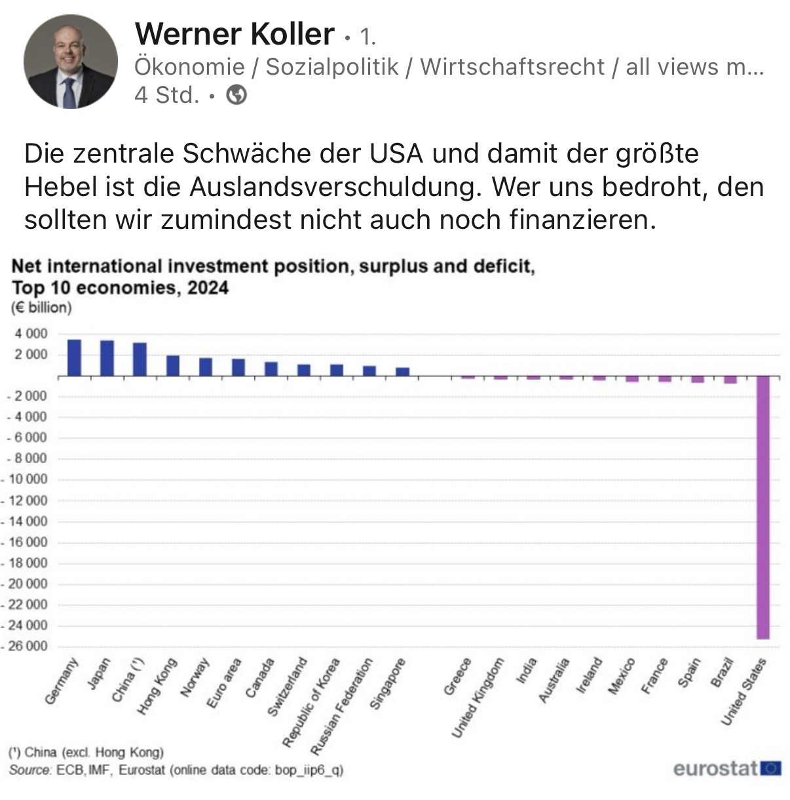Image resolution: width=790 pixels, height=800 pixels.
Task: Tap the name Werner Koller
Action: coord(234,33)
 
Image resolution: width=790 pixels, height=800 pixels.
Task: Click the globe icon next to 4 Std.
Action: coord(236,96)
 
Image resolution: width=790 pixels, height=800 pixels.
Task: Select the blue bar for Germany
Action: coord(75,357)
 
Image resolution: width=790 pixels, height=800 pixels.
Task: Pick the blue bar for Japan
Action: coord(107,358)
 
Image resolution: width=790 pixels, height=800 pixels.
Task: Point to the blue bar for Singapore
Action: coord(402,371)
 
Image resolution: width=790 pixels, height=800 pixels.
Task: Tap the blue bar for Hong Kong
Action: coord(173,365)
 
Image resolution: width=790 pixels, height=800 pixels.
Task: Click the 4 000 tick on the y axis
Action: coord(31,334)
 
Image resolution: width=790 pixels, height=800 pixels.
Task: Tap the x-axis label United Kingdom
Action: coord(479,698)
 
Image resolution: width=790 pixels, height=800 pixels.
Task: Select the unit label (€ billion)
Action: coord(41,307)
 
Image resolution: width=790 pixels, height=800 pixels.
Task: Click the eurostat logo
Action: coord(726,768)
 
